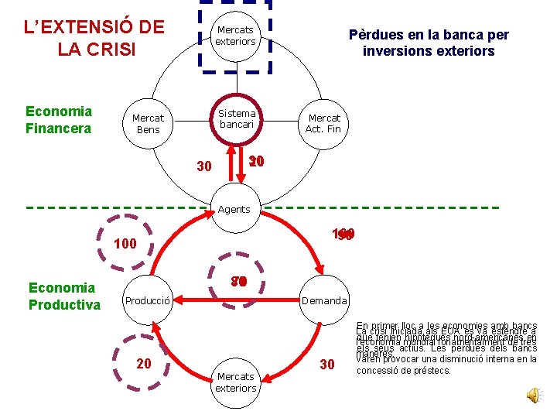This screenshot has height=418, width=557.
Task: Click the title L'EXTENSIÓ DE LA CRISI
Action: tap(94, 38)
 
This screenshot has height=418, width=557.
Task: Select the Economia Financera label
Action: tap(59, 119)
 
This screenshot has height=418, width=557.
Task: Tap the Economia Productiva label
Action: tap(64, 296)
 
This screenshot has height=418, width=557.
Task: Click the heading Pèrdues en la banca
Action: tap(429, 43)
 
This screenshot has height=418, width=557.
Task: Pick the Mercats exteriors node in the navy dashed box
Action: tap(235, 36)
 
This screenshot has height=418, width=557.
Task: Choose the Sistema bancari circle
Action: tap(237, 118)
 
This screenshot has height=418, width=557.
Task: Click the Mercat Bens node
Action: tap(148, 124)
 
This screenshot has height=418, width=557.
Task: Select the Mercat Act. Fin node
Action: tap(323, 124)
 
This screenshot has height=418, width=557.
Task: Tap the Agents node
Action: tap(234, 209)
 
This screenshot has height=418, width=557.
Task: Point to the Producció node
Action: tap(148, 300)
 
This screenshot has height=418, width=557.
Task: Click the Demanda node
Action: tap(324, 300)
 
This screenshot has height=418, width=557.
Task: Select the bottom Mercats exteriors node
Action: tap(235, 382)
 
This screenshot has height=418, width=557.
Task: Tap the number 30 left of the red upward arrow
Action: tap(204, 166)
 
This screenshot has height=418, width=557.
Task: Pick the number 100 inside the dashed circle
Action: tap(125, 244)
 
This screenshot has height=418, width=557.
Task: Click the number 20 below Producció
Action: tap(144, 364)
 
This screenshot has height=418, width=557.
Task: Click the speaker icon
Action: tap(534, 396)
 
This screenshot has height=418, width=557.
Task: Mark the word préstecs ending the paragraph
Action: tap(429, 371)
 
